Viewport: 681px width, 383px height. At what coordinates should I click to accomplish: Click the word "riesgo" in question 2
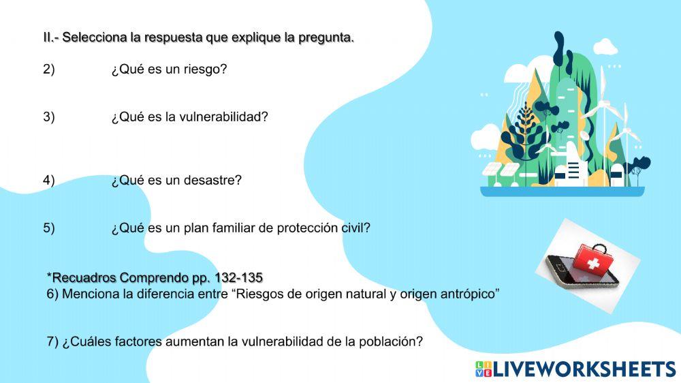click(x=205, y=70)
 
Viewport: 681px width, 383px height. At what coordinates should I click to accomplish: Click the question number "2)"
click(x=49, y=70)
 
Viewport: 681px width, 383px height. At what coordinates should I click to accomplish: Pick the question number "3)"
click(x=49, y=117)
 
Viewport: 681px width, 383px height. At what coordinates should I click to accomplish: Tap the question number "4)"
click(x=49, y=181)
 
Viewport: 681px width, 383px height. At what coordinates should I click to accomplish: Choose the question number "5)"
click(x=49, y=228)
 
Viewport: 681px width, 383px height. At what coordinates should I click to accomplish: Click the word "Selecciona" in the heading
click(x=94, y=38)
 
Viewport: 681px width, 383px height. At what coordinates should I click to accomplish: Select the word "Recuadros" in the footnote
click(x=84, y=278)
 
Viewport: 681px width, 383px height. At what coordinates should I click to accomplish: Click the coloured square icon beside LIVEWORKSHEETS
click(x=484, y=369)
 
